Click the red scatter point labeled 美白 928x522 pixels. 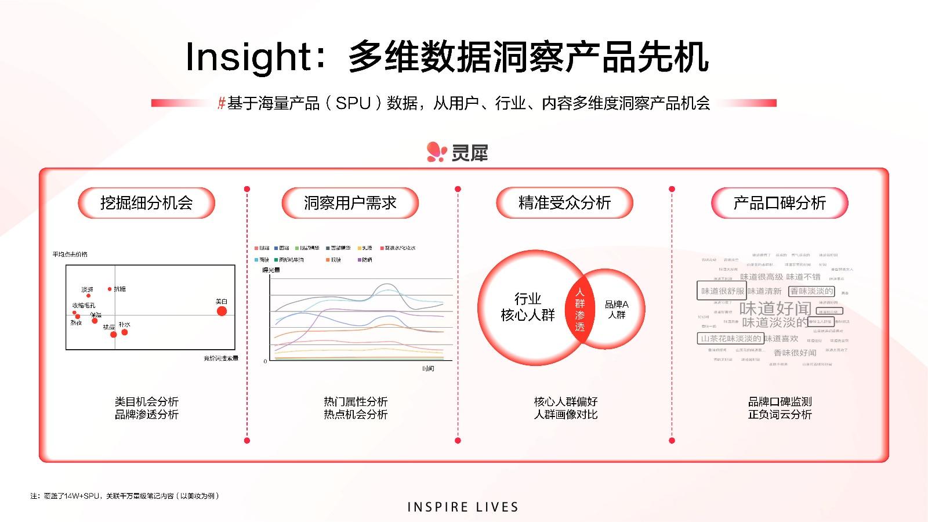[222, 311]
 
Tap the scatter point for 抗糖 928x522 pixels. [110, 289]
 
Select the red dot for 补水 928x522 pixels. [124, 332]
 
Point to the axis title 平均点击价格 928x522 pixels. [70, 255]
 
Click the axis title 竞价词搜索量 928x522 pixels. [220, 358]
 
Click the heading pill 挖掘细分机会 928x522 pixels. [146, 203]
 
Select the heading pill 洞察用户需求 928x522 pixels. [350, 203]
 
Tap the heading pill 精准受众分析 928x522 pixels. [564, 203]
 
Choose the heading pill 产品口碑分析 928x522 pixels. [780, 203]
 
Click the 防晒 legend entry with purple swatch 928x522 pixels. [365, 260]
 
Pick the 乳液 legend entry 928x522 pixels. [365, 248]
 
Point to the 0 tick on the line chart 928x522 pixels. [266, 361]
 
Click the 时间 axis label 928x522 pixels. [428, 369]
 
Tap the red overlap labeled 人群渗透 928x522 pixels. [580, 310]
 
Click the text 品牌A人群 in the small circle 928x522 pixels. [617, 309]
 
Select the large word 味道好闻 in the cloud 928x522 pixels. [775, 308]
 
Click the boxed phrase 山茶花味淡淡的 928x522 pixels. [731, 339]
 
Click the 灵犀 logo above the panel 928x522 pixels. [458, 152]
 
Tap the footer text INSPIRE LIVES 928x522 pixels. [463, 507]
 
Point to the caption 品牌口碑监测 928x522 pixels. [780, 401]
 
